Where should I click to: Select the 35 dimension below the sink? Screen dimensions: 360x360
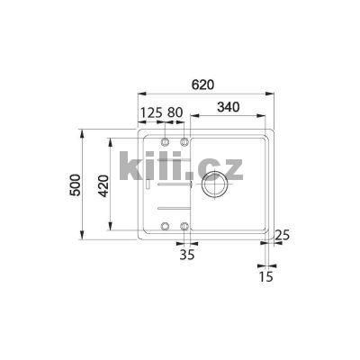pos(186,256)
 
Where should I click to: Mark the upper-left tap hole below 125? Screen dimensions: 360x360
pos(165,142)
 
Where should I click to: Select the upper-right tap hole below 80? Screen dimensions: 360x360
pos(184,142)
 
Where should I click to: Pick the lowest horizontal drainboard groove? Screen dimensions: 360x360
pos(170,210)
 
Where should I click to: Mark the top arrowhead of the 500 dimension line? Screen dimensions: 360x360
pos(83,134)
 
